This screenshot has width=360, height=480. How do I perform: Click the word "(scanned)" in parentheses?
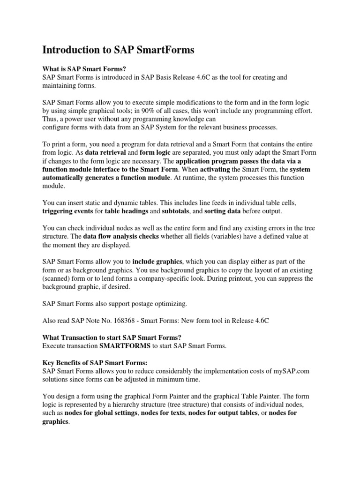click(x=58, y=278)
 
